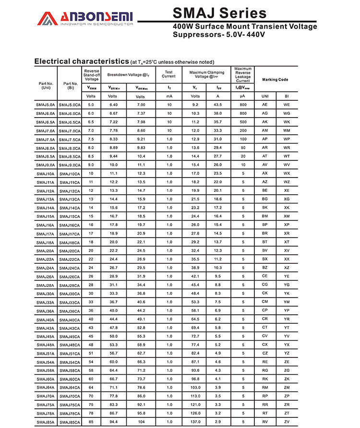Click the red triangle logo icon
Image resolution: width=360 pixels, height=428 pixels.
coord(48,18)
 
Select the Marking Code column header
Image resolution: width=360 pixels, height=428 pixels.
coord(276,79)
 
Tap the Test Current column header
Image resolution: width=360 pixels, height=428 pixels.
coord(168,74)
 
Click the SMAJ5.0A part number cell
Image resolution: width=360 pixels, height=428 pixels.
coord(46,105)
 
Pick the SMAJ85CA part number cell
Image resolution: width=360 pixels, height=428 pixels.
coord(70,422)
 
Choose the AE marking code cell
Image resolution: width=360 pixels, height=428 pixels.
coord(264,105)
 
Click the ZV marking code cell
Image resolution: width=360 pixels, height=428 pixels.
coord(287,422)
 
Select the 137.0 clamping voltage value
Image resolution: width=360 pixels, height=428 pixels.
coord(195,422)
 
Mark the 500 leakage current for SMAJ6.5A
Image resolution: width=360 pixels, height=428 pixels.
coord(243,122)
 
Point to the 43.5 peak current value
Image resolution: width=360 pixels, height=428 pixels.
coord(217,105)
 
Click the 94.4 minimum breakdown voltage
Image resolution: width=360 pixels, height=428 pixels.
coord(113,422)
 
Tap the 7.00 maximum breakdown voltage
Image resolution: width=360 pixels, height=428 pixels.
coord(141,105)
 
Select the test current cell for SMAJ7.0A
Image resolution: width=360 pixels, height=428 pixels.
coord(169,131)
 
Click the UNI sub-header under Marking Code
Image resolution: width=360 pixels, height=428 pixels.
coord(265,96)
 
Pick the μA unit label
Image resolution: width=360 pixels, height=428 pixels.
coord(243,96)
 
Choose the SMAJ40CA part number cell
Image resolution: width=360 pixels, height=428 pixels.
coord(70,320)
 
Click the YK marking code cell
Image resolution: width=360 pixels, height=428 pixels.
coord(287,293)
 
